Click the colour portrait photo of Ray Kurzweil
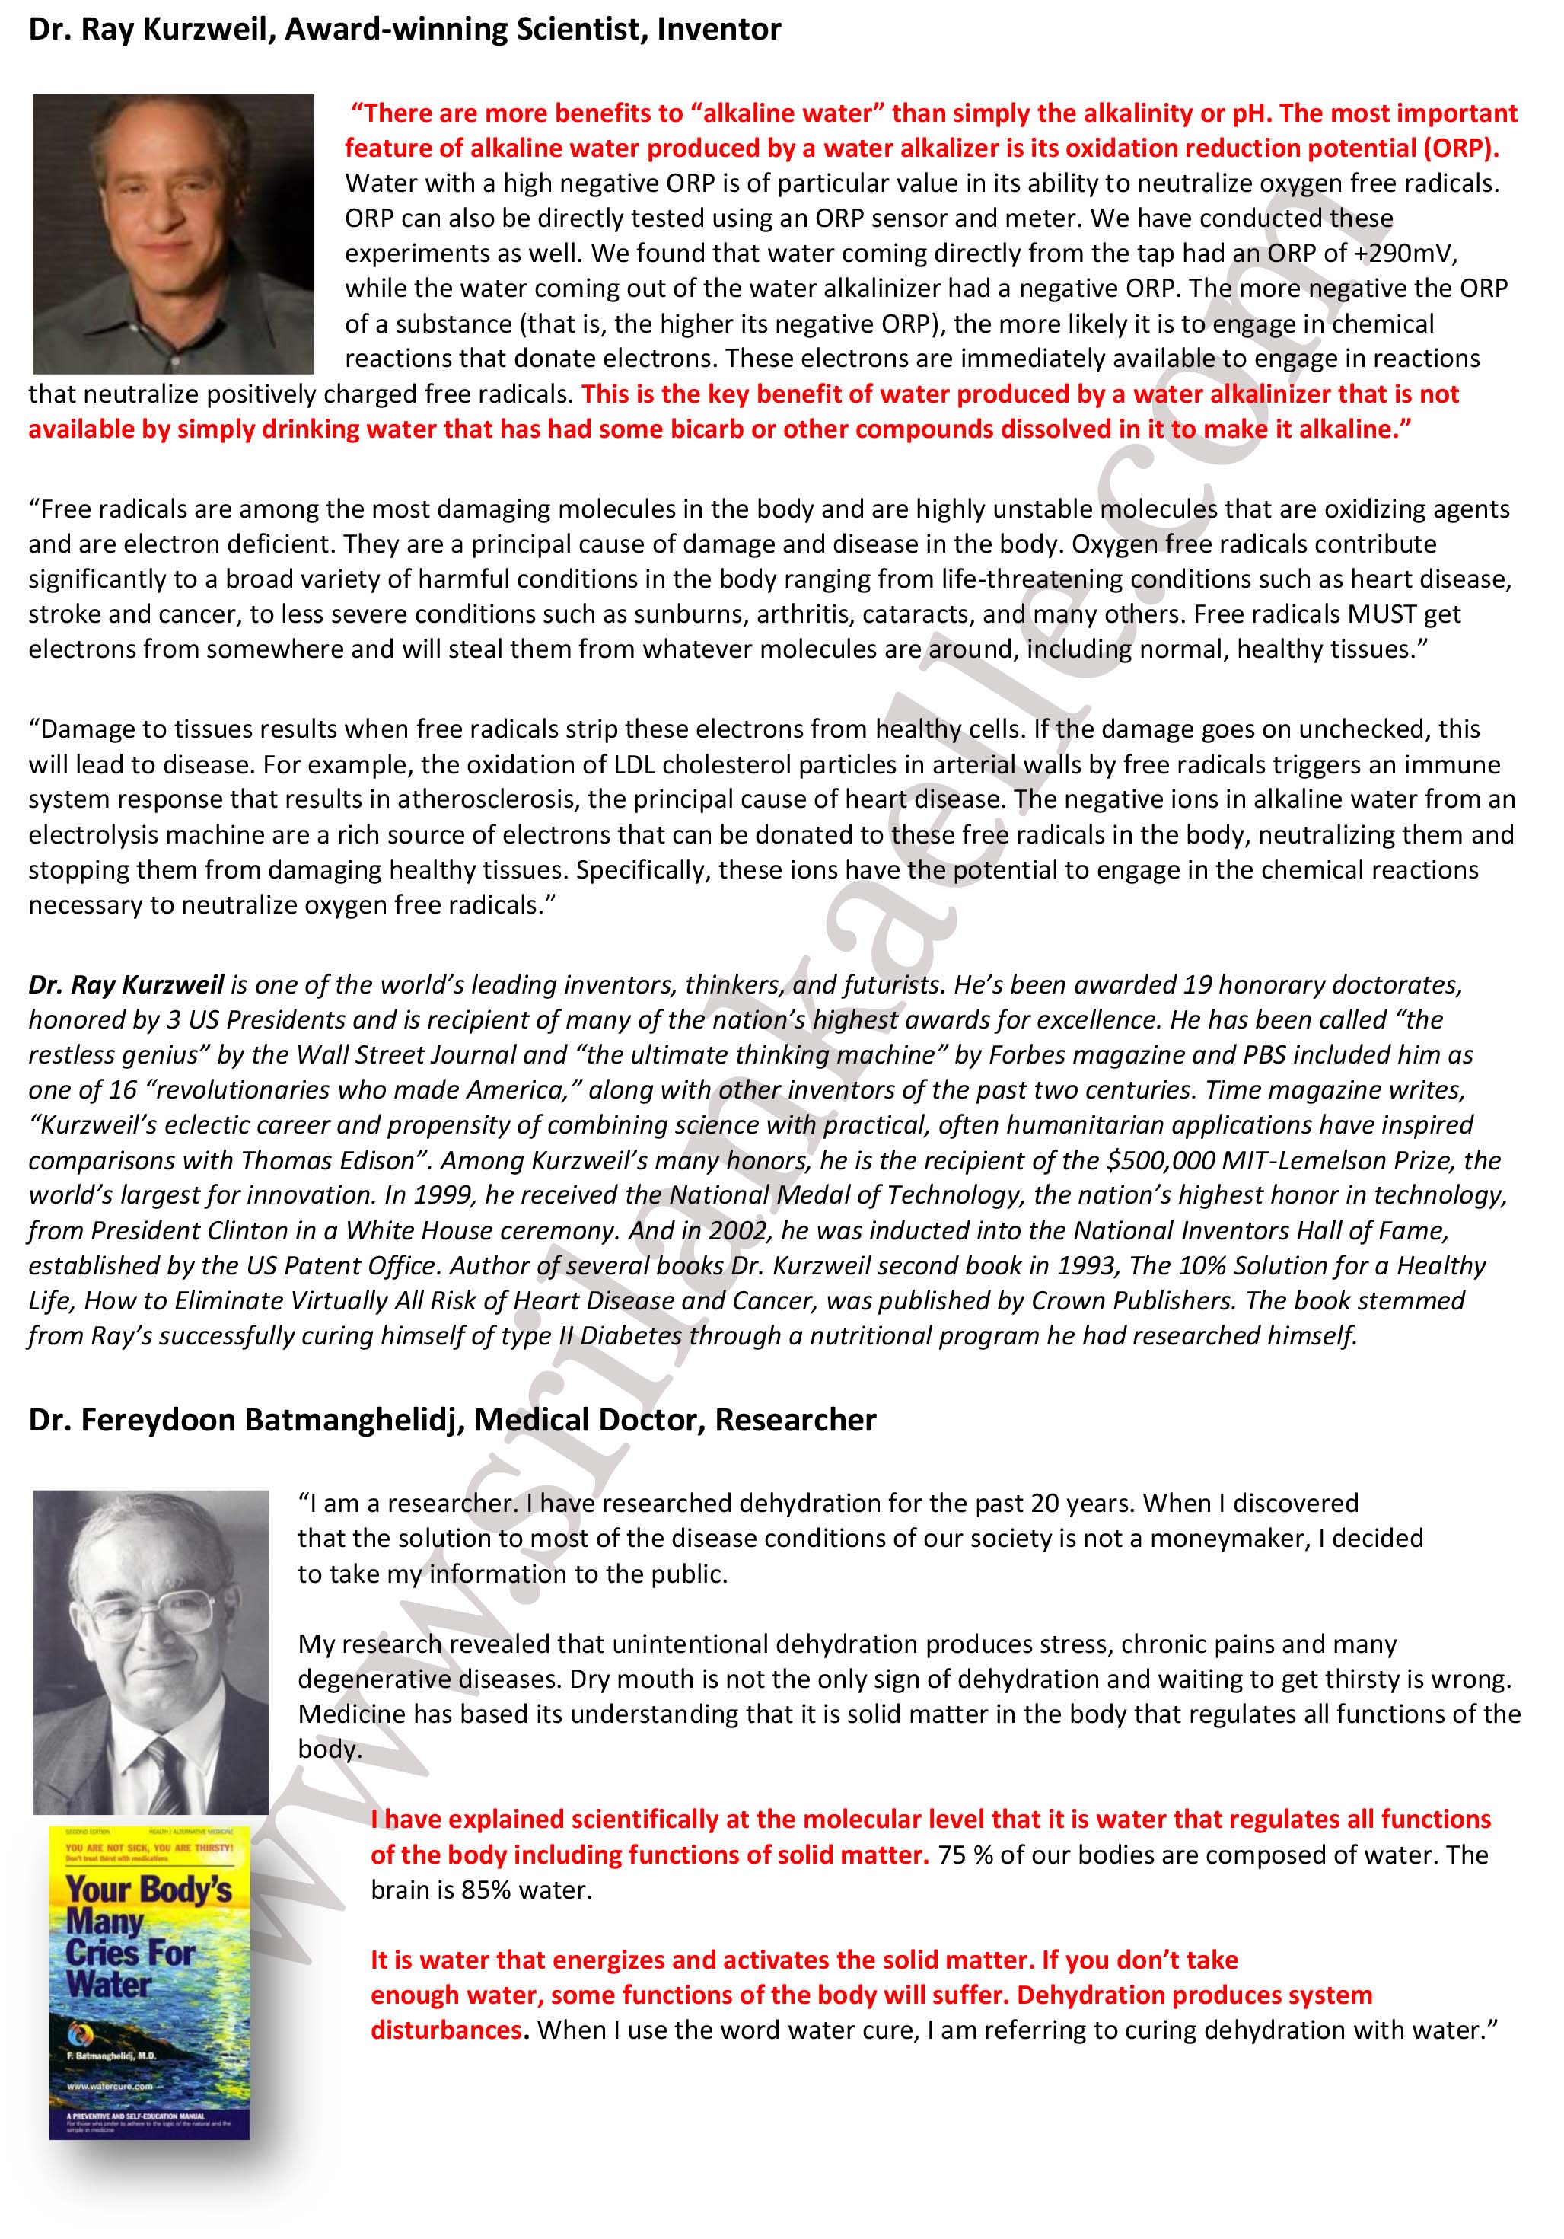[174, 234]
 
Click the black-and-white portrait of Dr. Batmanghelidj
[151, 1651]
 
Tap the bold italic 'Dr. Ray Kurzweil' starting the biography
[126, 985]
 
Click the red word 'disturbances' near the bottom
[448, 2030]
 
